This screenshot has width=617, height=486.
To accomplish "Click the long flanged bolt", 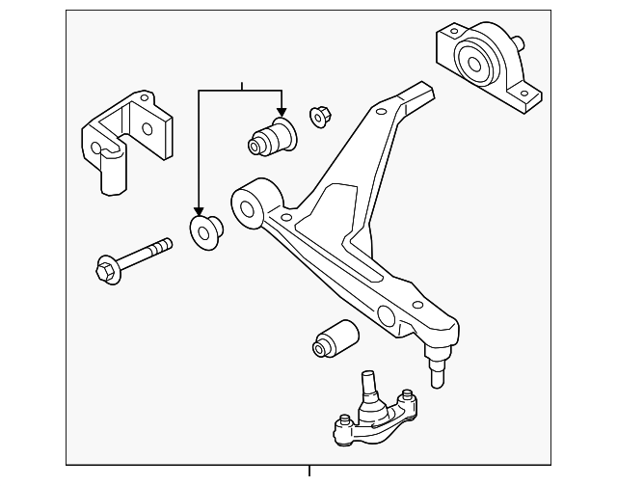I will click(x=135, y=256).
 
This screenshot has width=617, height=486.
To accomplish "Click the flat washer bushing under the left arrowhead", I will click(x=205, y=230).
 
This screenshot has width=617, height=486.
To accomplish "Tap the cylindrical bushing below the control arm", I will click(x=335, y=337).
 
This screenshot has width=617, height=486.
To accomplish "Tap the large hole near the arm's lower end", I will click(x=387, y=314).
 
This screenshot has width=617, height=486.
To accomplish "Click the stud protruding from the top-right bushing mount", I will click(x=519, y=43).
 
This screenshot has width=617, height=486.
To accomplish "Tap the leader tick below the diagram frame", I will click(x=309, y=472).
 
